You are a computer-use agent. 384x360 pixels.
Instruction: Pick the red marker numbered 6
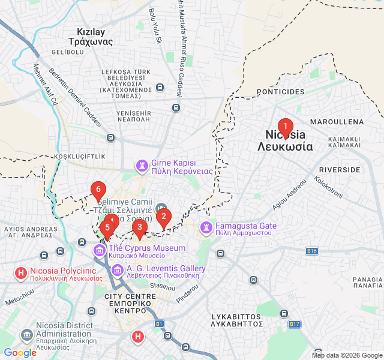pos(98,190)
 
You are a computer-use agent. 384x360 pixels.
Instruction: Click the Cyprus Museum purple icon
pos(99,249)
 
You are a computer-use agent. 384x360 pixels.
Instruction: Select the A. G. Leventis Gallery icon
pos(117,270)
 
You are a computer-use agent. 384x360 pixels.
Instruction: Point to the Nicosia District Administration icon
pos(27,334)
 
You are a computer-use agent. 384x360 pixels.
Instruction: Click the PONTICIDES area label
pos(281,92)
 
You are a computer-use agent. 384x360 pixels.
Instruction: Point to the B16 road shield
pos(311,251)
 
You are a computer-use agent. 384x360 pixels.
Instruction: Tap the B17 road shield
pos(294,324)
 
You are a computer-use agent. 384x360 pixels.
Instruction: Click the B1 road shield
pos(159,324)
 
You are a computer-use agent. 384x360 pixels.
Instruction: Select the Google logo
pos(20,353)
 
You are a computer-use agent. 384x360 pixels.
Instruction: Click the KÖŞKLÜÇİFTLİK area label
pos(80,156)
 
